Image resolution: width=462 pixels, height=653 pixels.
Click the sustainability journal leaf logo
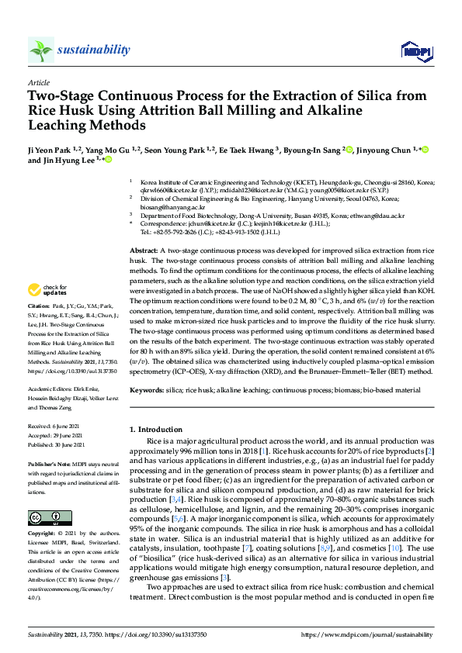[x=41, y=50]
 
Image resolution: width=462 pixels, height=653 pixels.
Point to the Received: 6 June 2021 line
[x=50, y=427]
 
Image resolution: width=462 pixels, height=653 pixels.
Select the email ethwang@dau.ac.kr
[x=378, y=215]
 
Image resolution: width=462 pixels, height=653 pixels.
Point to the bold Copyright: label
[x=42, y=534]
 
